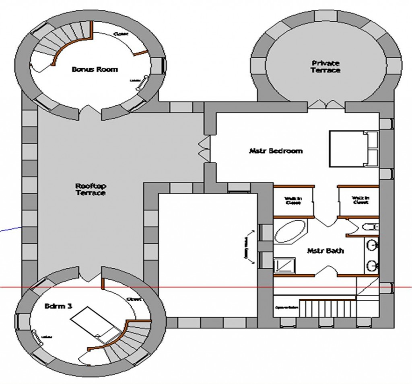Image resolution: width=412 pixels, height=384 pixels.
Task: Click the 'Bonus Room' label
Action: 95,69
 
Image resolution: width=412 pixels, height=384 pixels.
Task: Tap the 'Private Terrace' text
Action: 325,66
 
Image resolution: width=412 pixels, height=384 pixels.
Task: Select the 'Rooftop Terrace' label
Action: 90,189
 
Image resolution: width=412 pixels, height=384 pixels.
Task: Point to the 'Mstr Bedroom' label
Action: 276,151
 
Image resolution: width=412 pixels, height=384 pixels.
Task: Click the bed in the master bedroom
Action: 353,148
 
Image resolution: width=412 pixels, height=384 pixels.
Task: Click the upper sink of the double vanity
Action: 373,244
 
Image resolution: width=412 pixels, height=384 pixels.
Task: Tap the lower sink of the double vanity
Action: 373,265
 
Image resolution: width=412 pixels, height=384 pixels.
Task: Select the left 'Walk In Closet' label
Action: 293,200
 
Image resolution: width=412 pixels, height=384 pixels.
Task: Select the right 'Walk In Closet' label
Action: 360,200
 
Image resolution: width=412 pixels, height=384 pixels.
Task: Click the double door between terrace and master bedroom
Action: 204,149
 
